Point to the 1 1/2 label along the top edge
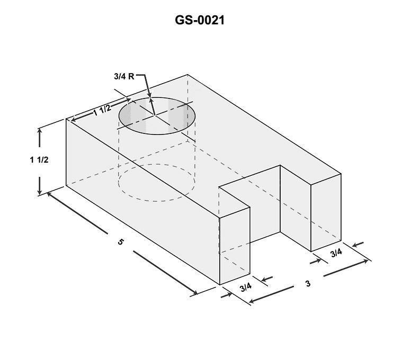[x=102, y=110]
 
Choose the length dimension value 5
[x=121, y=242]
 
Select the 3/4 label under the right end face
[x=336, y=253]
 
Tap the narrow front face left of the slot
[x=234, y=246]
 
